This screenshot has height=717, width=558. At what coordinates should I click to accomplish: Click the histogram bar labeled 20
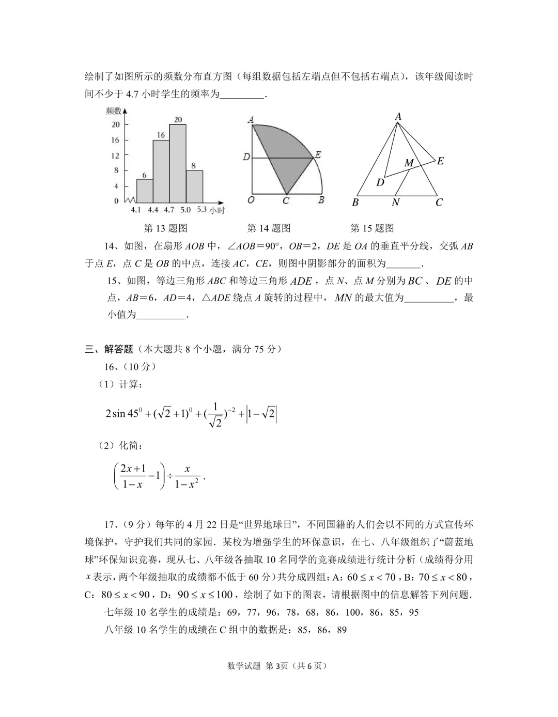coord(178,163)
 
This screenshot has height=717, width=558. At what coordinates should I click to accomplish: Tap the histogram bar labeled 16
coord(161,170)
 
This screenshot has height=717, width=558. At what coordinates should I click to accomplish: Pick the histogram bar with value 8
coord(194,186)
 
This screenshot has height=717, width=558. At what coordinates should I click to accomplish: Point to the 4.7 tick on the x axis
coord(169,210)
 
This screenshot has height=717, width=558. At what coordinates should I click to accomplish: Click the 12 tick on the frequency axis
coord(115,155)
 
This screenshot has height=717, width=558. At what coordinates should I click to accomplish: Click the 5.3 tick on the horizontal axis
coord(202,210)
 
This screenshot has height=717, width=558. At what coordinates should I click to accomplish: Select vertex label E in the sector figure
coord(318,154)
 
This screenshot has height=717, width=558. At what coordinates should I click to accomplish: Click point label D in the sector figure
coord(246,157)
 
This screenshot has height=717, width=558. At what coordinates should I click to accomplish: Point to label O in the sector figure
coord(250,200)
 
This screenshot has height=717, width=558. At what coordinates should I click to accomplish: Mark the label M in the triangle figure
coord(409,163)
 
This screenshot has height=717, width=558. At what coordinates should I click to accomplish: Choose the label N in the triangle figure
coord(395,202)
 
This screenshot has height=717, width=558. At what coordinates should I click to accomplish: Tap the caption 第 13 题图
coord(165,228)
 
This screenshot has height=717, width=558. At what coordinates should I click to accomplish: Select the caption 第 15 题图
coord(372,228)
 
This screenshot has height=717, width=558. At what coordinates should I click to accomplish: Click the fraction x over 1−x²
coord(187,476)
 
